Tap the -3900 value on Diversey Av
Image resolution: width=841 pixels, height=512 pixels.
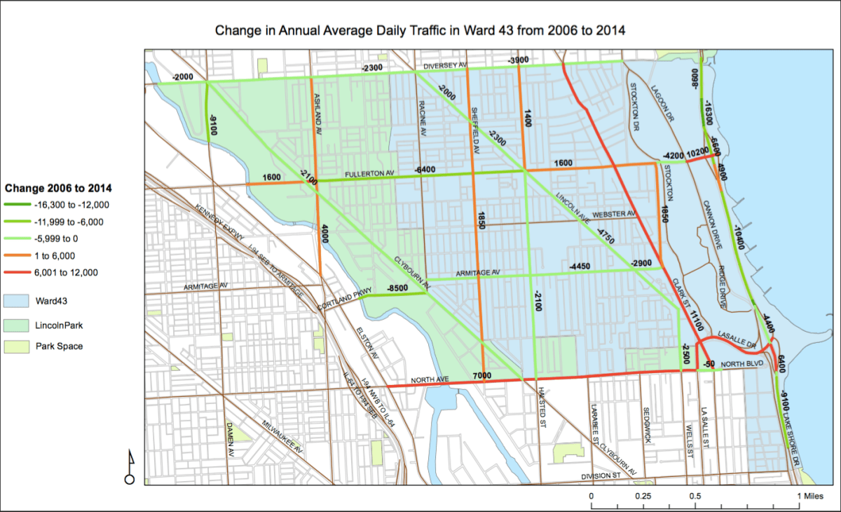[x=519, y=60]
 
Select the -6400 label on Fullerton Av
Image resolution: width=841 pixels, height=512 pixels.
[x=425, y=170]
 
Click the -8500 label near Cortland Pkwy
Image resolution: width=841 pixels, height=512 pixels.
[x=397, y=288]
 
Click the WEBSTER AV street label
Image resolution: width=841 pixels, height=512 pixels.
[x=614, y=213]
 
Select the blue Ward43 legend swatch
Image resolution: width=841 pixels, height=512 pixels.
[x=20, y=301]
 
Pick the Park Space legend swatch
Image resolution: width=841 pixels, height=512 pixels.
[x=20, y=346]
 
